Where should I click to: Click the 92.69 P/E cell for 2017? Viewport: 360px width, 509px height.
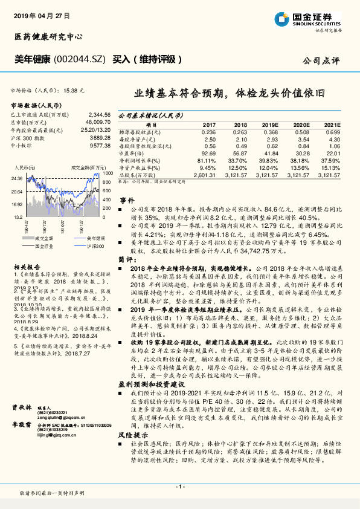(x=208, y=154)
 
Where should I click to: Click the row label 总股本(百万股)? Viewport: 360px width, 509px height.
(x=138, y=175)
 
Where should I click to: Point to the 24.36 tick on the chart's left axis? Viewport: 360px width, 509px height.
(x=17, y=178)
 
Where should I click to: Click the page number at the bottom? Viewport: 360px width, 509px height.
(x=179, y=487)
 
